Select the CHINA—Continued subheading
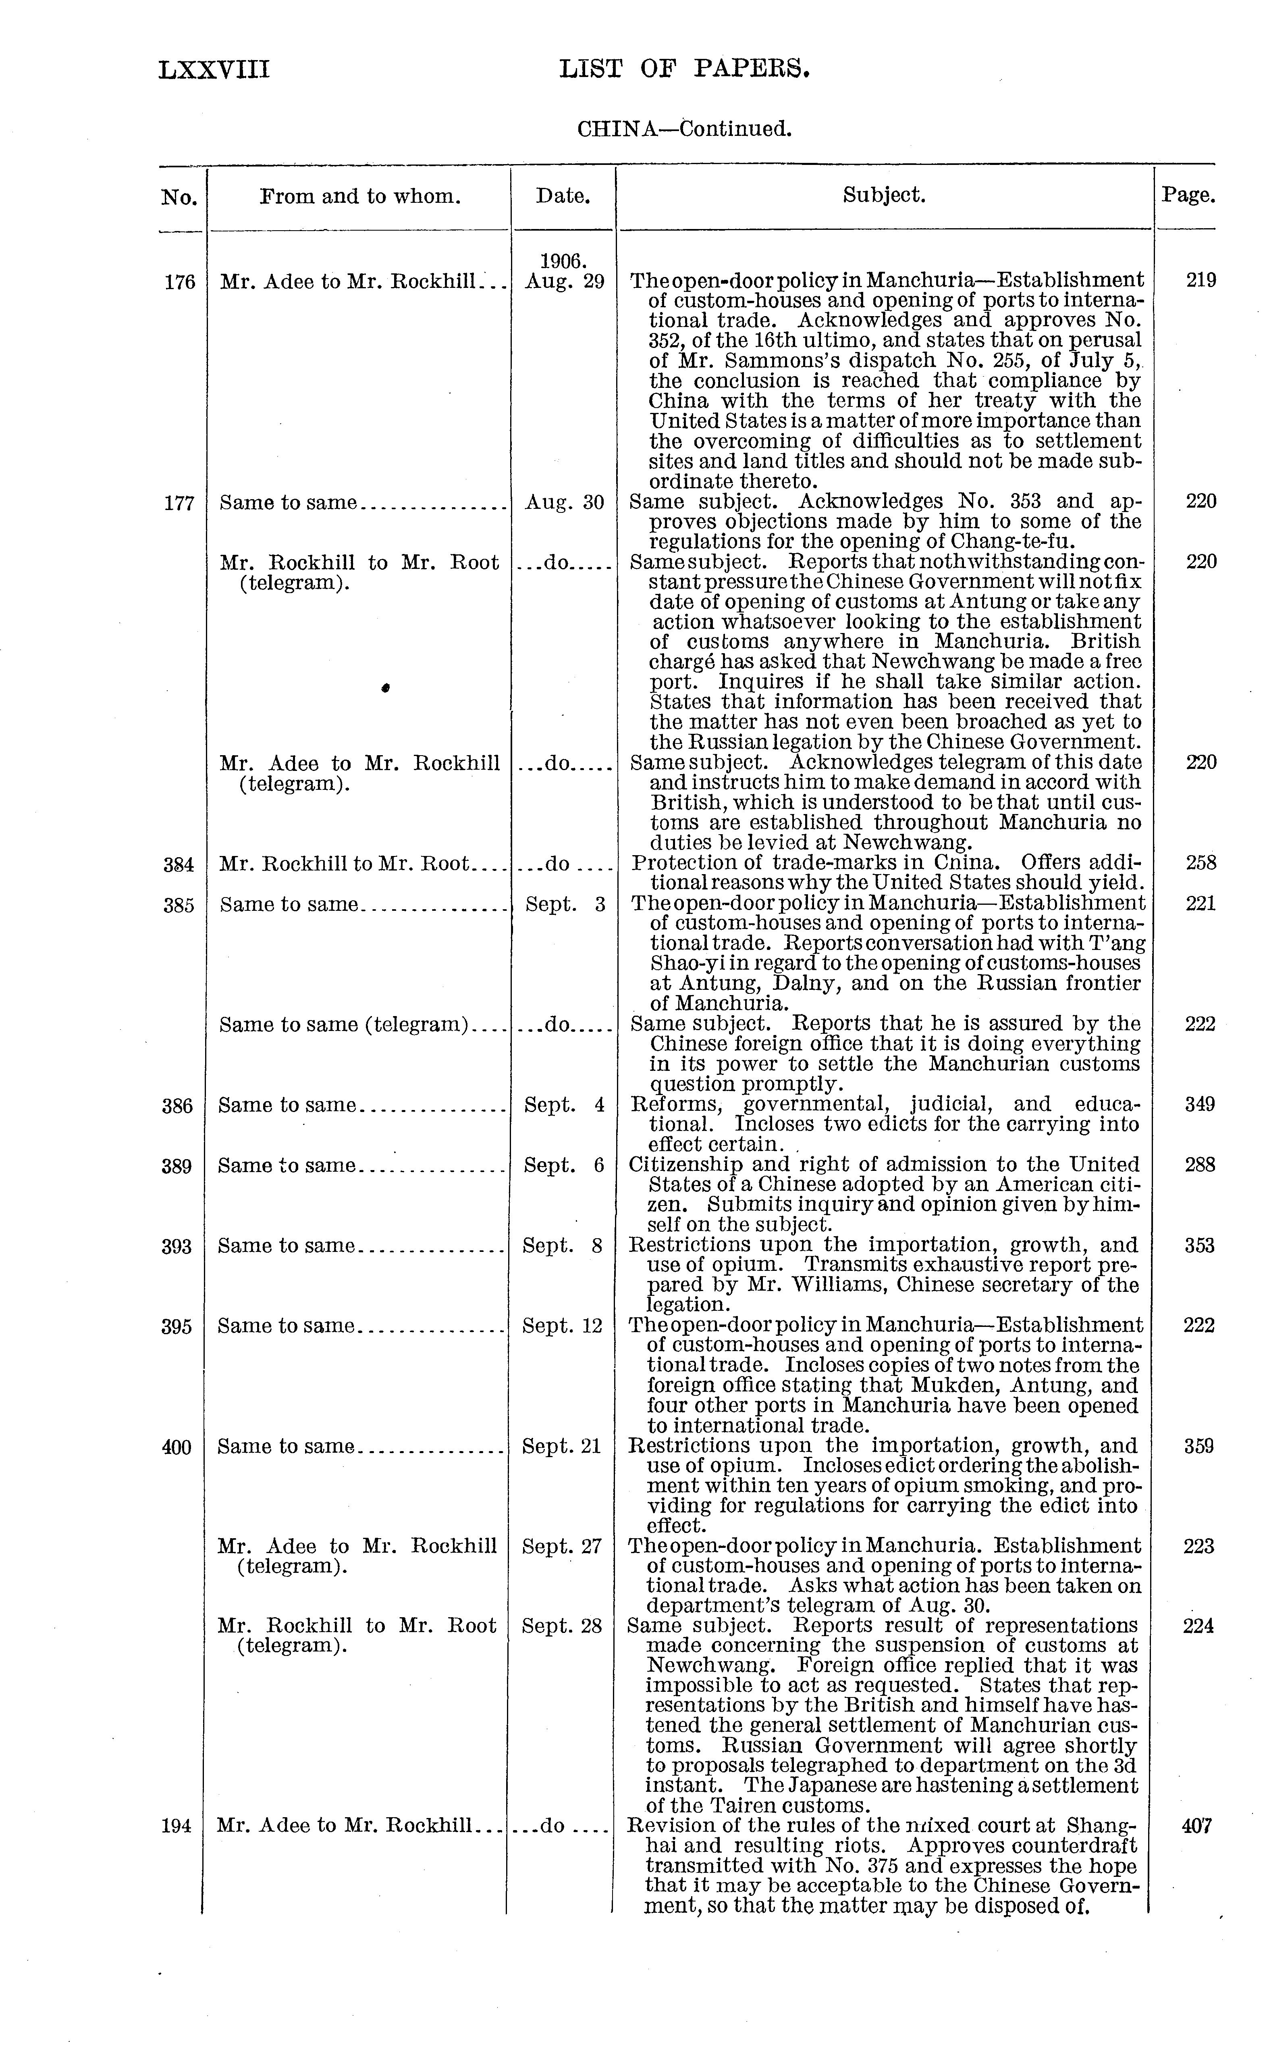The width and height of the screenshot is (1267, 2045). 684,129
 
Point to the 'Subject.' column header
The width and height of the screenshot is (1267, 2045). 884,195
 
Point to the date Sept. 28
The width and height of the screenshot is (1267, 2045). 561,1626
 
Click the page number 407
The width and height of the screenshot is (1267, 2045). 1196,1825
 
